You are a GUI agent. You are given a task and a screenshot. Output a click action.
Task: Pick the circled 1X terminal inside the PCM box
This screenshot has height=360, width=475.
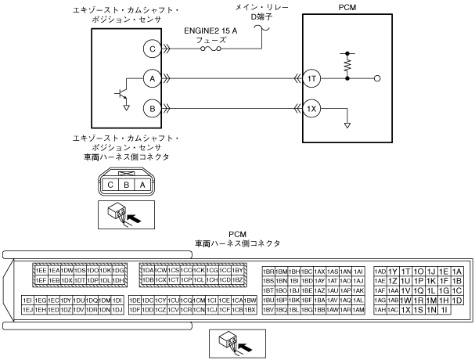(x=311, y=107)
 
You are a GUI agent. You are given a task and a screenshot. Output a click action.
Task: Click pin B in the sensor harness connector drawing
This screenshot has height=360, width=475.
(x=126, y=185)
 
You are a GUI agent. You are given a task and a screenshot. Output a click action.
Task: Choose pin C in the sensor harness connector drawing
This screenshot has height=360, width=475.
(x=111, y=185)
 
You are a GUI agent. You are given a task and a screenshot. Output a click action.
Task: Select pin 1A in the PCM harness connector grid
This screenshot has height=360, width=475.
(x=458, y=271)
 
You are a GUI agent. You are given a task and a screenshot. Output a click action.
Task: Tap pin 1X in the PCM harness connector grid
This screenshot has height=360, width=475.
(x=405, y=310)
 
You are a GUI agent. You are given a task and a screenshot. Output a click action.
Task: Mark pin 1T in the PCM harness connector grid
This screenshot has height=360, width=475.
(x=405, y=271)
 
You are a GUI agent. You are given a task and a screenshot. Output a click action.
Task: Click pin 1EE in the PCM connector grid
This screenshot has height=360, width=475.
(x=41, y=270)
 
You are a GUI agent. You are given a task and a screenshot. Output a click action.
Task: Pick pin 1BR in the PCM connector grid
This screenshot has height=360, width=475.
(x=268, y=271)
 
